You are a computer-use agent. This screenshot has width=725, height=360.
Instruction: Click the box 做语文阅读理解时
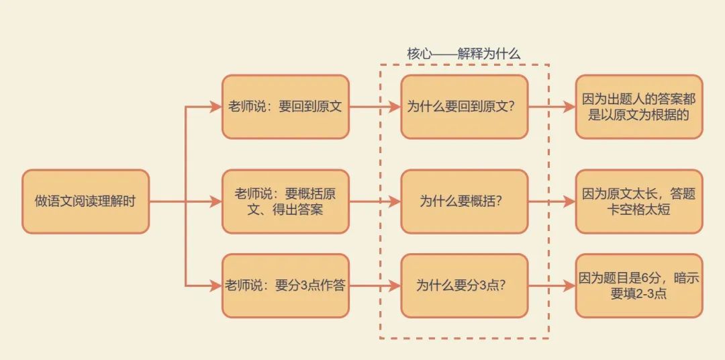pyautogui.click(x=85, y=201)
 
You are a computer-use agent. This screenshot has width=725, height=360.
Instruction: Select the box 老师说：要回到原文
pyautogui.click(x=285, y=107)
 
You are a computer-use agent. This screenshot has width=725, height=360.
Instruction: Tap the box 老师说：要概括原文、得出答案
pyautogui.click(x=285, y=201)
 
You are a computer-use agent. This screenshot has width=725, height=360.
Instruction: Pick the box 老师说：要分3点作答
pyautogui.click(x=285, y=285)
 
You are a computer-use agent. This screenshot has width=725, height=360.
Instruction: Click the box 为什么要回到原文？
pyautogui.click(x=465, y=107)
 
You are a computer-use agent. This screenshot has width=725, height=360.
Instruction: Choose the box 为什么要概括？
pyautogui.click(x=465, y=201)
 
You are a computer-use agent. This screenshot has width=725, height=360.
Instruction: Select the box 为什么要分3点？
pyautogui.click(x=465, y=285)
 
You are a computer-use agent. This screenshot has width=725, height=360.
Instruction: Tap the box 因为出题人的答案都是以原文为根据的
pyautogui.click(x=639, y=107)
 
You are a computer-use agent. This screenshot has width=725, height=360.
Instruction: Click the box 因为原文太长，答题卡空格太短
pyautogui.click(x=639, y=201)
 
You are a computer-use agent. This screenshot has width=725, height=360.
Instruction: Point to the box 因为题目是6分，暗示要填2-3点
pyautogui.click(x=639, y=285)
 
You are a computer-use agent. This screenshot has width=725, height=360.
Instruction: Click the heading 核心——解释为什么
pyautogui.click(x=463, y=54)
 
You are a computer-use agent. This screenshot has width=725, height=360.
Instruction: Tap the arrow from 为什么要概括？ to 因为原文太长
pyautogui.click(x=552, y=201)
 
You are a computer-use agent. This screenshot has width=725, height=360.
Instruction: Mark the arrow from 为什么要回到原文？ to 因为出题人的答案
pyautogui.click(x=552, y=107)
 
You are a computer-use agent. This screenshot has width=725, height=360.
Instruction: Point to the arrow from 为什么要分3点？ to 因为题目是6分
pyautogui.click(x=552, y=285)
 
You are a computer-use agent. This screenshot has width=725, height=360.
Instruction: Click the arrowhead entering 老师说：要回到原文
pyautogui.click(x=216, y=107)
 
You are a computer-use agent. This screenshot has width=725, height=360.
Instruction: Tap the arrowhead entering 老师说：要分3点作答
pyautogui.click(x=216, y=285)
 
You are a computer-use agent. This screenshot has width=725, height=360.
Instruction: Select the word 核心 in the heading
pyautogui.click(x=418, y=54)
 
